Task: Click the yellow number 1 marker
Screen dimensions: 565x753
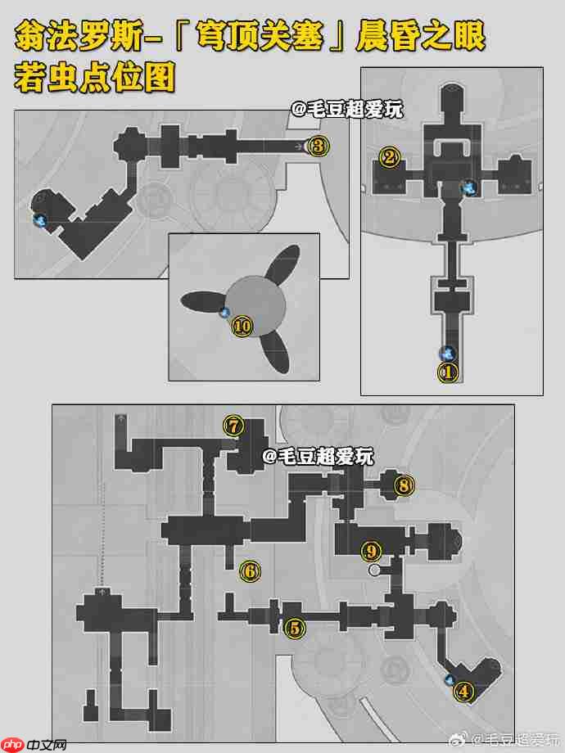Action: click(448, 372)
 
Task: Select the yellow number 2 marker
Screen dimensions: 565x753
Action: click(390, 156)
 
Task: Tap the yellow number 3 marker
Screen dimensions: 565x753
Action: click(318, 146)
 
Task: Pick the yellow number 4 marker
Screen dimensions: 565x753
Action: click(463, 692)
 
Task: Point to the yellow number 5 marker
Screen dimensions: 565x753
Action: click(295, 628)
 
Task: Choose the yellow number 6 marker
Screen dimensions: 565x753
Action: click(250, 571)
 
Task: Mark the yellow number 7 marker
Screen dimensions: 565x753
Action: click(233, 426)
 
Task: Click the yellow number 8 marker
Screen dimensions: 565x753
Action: click(404, 485)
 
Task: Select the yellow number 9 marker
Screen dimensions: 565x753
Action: click(371, 551)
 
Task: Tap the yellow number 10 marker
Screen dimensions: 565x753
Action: click(242, 327)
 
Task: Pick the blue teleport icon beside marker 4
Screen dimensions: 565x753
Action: click(450, 679)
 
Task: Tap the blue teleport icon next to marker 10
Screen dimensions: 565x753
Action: click(224, 313)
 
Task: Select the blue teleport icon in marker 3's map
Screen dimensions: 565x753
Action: click(40, 221)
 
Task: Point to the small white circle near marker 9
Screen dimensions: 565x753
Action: click(374, 570)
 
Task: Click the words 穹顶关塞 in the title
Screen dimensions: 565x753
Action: click(260, 35)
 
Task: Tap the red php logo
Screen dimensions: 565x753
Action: click(12, 745)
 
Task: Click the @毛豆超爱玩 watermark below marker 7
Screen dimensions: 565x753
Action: click(318, 456)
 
